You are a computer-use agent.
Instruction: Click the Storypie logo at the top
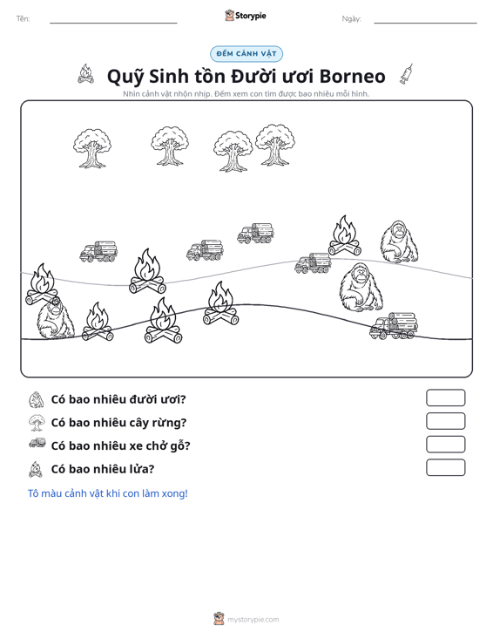246,16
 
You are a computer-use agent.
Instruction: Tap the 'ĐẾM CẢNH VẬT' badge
246,54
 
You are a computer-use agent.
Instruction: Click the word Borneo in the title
352,76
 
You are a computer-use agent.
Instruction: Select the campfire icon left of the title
85,74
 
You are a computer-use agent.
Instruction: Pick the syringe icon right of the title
406,74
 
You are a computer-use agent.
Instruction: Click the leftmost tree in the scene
92,148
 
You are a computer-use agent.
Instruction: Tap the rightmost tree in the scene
275,145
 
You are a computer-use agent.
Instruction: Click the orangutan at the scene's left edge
56,319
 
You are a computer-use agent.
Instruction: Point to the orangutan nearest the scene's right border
399,242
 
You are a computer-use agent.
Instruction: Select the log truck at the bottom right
394,326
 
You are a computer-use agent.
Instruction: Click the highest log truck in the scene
256,233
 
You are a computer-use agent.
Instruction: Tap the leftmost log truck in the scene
98,251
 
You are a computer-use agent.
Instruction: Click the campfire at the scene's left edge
42,284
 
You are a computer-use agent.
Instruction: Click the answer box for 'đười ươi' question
445,398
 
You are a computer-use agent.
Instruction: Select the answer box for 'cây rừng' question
445,421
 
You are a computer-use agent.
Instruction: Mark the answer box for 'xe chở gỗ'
445,445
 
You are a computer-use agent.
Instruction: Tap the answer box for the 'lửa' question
445,467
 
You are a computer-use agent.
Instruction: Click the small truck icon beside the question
37,443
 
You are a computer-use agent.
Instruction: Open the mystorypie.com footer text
253,620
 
